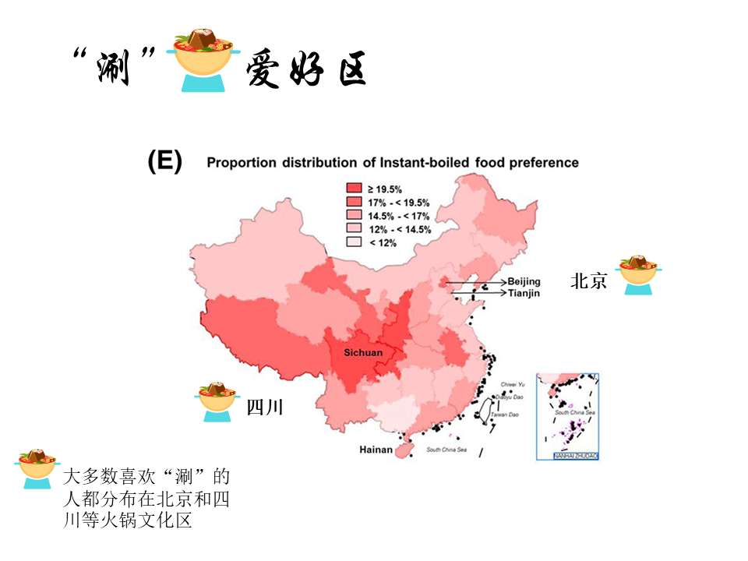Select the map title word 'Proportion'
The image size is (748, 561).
pyautogui.click(x=241, y=163)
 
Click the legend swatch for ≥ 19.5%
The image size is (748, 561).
pyautogui.click(x=355, y=189)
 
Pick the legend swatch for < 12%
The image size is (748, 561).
pyautogui.click(x=355, y=242)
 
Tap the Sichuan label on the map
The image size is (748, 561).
pyautogui.click(x=363, y=353)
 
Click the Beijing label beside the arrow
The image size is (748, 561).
pyautogui.click(x=524, y=281)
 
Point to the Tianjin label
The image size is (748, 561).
pyautogui.click(x=524, y=293)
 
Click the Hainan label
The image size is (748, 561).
pyautogui.click(x=376, y=450)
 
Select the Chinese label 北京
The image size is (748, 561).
pyautogui.click(x=588, y=281)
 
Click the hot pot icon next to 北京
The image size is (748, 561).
pyautogui.click(x=639, y=276)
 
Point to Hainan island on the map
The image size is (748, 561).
pyautogui.click(x=404, y=450)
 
